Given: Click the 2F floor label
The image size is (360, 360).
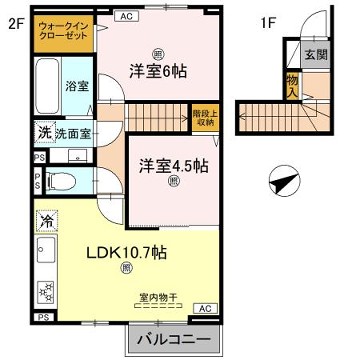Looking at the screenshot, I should click(x=14, y=21).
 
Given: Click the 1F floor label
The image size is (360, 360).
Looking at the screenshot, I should click(x=268, y=21).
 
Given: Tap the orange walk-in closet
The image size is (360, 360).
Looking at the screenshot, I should click(x=62, y=32).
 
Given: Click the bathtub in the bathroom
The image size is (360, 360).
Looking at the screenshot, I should click(x=46, y=87).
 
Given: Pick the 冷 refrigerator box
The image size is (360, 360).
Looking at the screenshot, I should click(x=46, y=217).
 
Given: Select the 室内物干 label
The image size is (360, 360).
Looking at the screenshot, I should click(x=157, y=296).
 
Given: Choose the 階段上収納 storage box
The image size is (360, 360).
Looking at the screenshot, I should click(x=203, y=117).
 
